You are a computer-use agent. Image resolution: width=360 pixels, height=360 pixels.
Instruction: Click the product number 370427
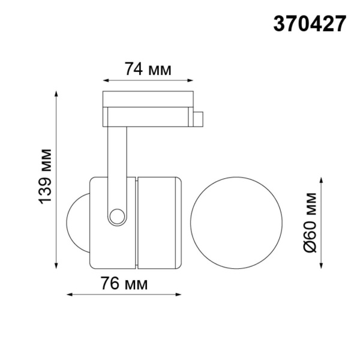tap(310, 23)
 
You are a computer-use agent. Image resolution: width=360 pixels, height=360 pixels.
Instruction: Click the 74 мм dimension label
tap(148, 70)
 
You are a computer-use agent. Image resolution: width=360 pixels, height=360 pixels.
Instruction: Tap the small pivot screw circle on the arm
tap(117, 215)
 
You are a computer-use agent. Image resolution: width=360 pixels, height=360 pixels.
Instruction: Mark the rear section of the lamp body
tap(158, 223)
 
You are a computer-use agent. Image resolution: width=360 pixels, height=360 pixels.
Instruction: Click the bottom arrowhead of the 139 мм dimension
tap(57, 265)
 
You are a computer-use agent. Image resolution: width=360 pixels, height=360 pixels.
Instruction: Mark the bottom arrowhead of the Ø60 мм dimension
tap(322, 265)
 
